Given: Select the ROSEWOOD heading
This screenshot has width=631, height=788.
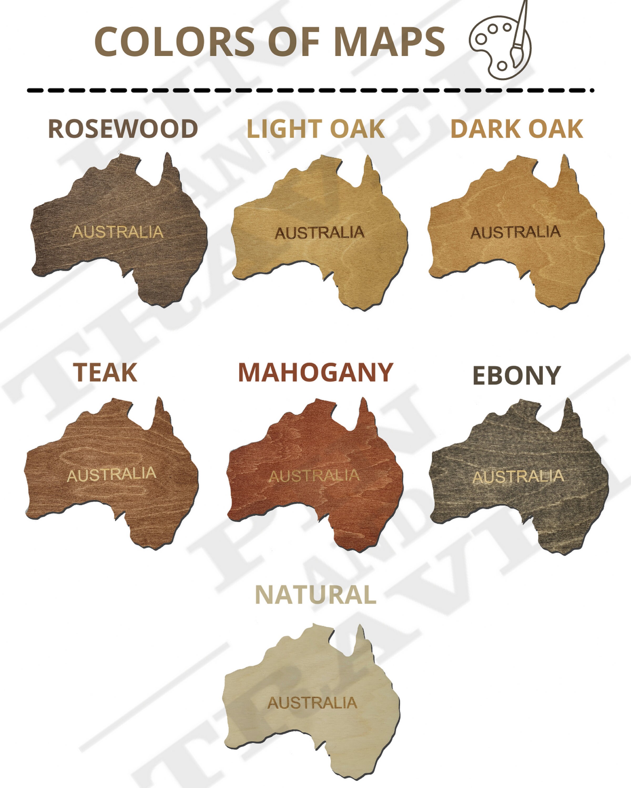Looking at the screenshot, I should pos(123,129).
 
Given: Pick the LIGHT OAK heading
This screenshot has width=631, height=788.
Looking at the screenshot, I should pos(316,129).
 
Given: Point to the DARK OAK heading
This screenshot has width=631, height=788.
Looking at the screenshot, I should pos(517,129).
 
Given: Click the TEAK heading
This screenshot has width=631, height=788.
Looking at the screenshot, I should pos(105,373).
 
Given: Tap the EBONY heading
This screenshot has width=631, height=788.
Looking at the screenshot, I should pos(517,375).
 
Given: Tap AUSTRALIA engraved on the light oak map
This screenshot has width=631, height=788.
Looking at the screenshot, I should pos(320,233).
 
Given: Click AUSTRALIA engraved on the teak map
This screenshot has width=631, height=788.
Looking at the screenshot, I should pos(111,474).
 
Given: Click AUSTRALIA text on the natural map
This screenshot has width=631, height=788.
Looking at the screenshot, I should pos(312,703).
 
